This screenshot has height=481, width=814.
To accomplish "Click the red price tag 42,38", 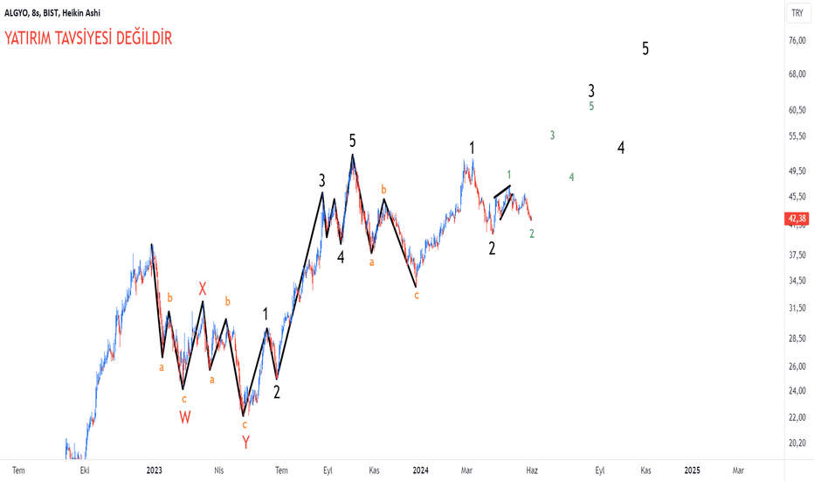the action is (797, 219).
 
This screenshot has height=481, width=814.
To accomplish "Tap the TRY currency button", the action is (797, 13).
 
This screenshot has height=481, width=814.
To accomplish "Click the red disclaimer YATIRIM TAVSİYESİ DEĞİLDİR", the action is (88, 38).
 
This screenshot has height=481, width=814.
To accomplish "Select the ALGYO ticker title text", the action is (16, 12).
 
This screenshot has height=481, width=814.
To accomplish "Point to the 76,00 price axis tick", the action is (797, 40).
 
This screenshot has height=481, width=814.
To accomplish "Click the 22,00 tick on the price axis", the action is (797, 417).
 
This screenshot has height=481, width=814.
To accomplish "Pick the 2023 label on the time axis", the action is (155, 471).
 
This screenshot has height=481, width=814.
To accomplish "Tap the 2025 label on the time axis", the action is (692, 471).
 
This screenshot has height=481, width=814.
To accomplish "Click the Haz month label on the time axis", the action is (532, 471).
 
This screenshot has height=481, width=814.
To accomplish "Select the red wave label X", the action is (203, 289).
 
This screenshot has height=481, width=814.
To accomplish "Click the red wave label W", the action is (185, 417).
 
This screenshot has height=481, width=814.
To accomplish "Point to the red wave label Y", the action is (245, 443).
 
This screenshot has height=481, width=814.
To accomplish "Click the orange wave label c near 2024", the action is (417, 296).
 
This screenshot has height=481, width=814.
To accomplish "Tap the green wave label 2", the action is (532, 234).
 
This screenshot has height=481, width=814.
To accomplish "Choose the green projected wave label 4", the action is (571, 178).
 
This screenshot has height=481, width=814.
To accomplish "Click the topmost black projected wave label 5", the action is (645, 48).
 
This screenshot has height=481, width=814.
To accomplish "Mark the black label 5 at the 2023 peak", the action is (353, 141).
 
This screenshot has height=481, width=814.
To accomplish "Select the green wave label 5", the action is (591, 106).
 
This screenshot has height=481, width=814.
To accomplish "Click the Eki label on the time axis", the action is (85, 471).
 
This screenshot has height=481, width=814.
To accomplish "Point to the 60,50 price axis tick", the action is (797, 109).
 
